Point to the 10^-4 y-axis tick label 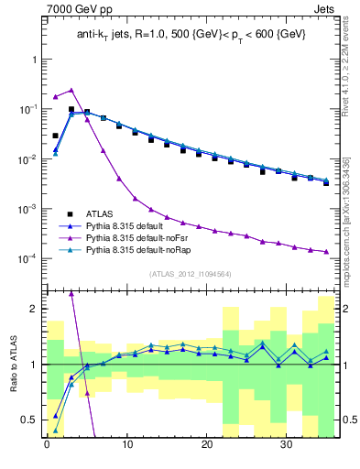pos(27,259)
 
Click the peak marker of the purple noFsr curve pos(71,91)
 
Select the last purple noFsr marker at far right pos(326,252)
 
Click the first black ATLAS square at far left pos(55,136)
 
